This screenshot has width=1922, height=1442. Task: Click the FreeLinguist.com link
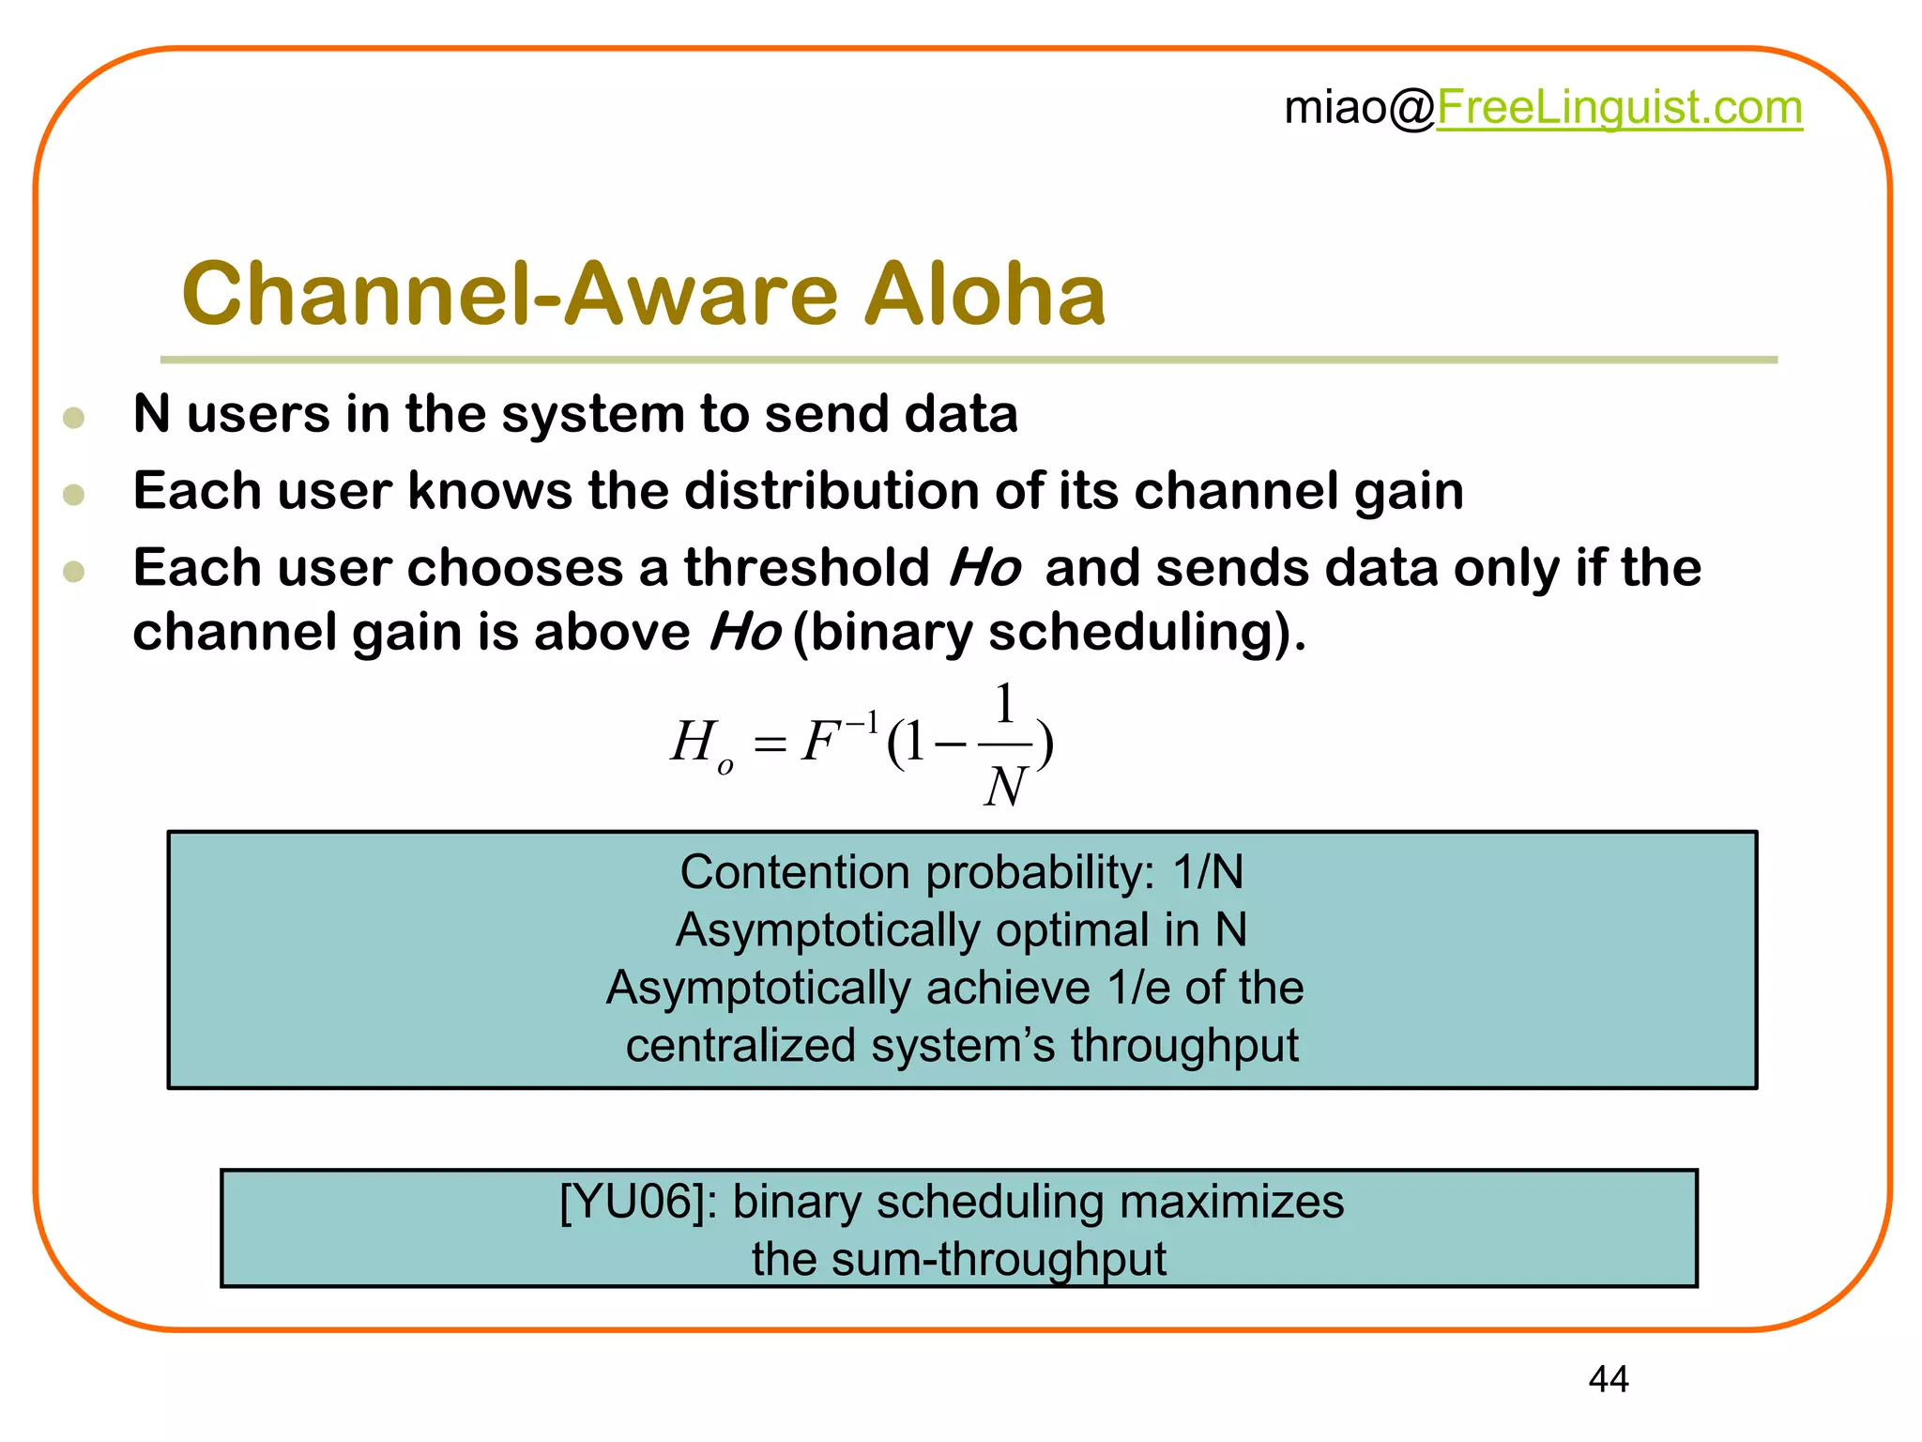[x=1619, y=108]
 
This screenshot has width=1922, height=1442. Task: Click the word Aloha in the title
[x=984, y=294]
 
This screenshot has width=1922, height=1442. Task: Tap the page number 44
[x=1609, y=1379]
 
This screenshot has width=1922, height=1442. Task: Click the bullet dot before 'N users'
[x=74, y=418]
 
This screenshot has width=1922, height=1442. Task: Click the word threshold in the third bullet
[x=806, y=568]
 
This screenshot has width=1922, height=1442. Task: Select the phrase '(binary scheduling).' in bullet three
[x=1049, y=632]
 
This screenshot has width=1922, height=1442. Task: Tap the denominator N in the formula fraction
[x=1005, y=786]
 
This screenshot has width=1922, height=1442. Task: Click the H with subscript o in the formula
[x=699, y=744]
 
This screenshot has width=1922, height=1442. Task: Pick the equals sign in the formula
[x=770, y=746]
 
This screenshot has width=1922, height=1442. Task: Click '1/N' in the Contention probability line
[x=1208, y=872]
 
